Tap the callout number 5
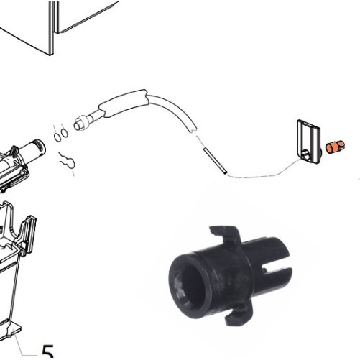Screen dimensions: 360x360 47,351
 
